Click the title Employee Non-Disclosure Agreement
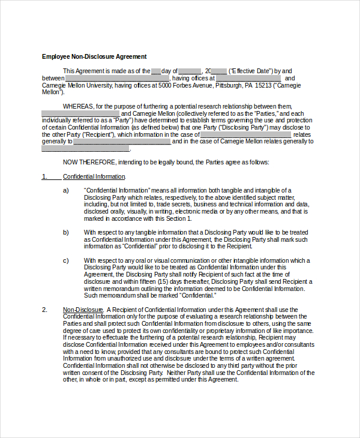pos(94,56)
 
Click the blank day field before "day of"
pos(156,71)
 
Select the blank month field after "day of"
pos(190,71)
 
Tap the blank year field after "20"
pos(219,71)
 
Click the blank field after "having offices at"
pos(248,78)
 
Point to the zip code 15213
pos(263,85)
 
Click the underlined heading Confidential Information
pos(94,176)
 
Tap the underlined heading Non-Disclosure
pos(83,310)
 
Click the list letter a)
pos(66,190)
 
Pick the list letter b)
pos(66,232)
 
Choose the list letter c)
pos(66,260)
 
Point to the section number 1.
pos(44,176)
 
